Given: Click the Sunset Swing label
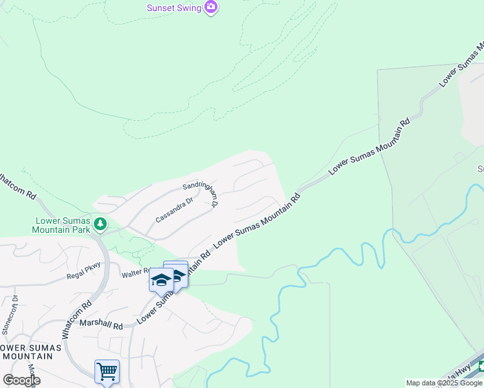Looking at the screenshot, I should [173, 8].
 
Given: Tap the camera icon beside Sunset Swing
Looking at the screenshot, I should [210, 8].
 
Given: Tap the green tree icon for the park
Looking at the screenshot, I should [100, 224].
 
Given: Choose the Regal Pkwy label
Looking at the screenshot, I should [82, 275].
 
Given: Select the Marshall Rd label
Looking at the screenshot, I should [101, 325].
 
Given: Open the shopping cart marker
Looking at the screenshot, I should [107, 372].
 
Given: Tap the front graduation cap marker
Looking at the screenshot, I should [161, 280].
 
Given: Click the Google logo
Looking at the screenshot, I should [21, 380].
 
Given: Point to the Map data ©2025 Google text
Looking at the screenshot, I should [445, 383].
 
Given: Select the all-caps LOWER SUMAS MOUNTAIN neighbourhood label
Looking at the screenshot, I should [30, 352].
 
